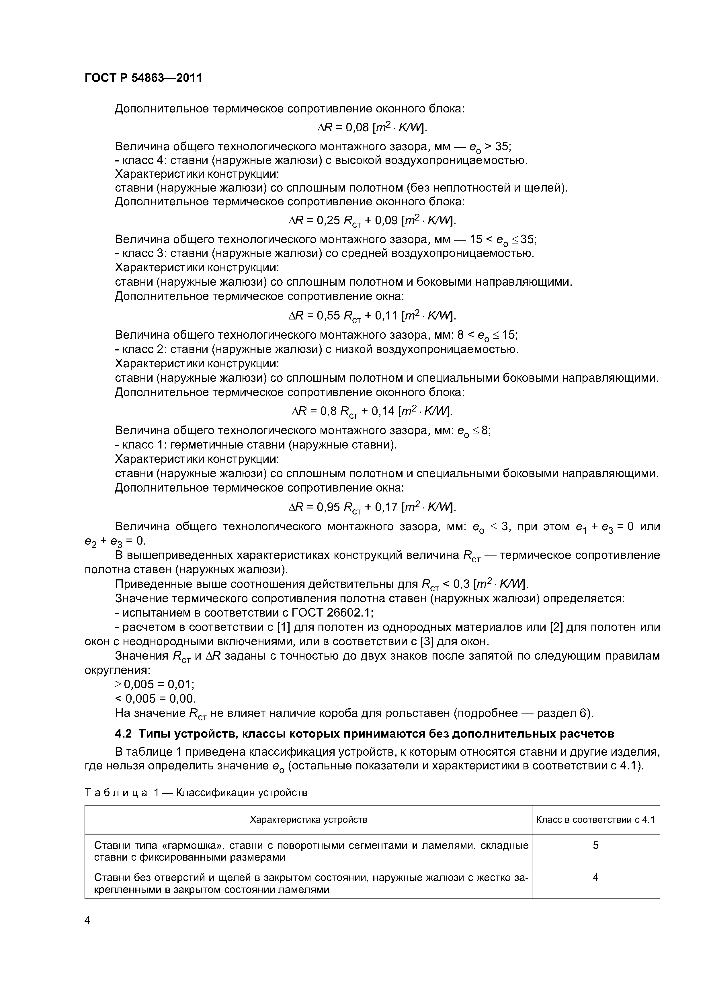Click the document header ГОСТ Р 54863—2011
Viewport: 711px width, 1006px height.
tap(143, 78)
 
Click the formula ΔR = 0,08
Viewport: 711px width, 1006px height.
tap(372, 128)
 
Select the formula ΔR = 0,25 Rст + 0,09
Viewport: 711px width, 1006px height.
tap(372, 221)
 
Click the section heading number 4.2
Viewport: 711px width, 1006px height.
tap(124, 734)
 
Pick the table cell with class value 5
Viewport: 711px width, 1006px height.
tap(595, 845)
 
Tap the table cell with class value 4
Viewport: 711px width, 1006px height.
tap(595, 878)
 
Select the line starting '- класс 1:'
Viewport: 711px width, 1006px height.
tap(255, 445)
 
